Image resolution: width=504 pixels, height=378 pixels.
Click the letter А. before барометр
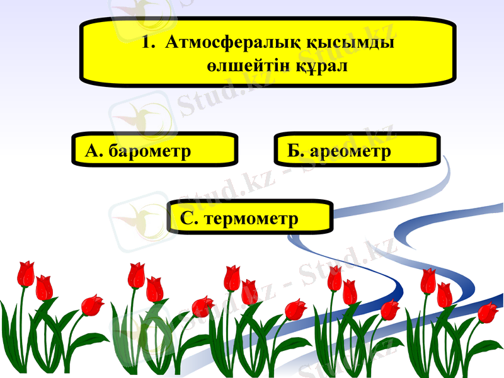click(x=93, y=151)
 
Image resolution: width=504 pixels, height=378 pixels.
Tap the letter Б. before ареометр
click(x=295, y=151)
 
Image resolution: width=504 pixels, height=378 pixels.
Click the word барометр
click(x=149, y=151)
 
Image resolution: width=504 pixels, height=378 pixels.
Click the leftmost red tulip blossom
click(x=25, y=273)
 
